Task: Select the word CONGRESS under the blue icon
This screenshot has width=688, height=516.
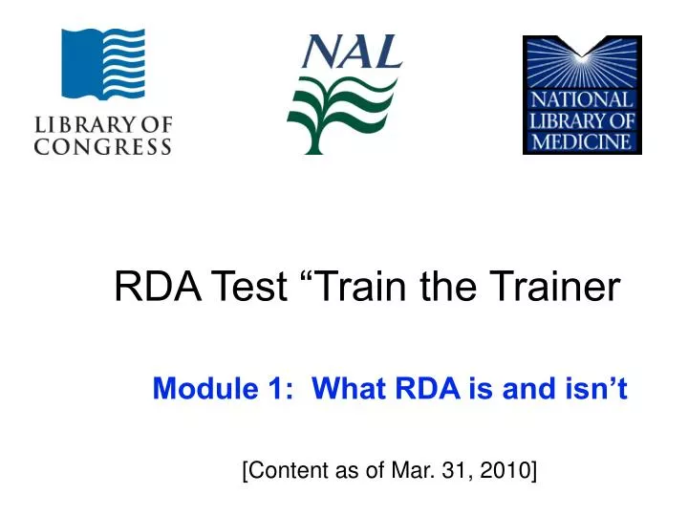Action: point(103,147)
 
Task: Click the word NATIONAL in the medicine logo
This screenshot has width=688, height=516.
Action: point(583,100)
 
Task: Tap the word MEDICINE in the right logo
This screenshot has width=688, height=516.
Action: point(583,141)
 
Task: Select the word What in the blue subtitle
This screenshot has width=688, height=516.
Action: point(343,390)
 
